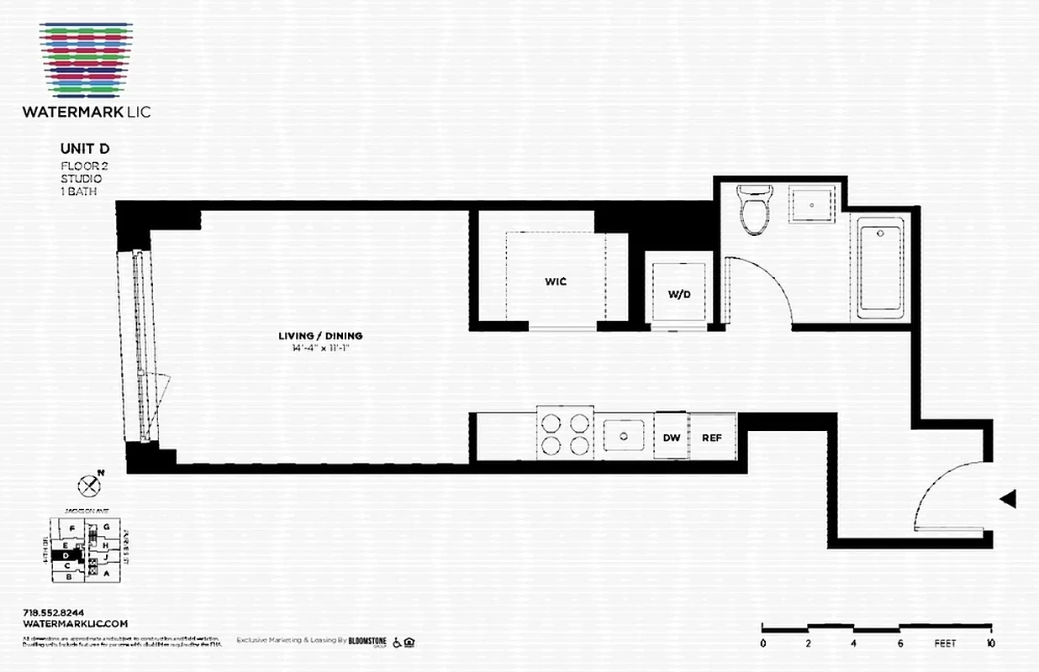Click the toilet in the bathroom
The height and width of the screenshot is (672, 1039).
point(753,207)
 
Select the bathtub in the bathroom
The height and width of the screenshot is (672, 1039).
point(880,268)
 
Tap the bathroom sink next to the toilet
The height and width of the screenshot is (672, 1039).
point(811,202)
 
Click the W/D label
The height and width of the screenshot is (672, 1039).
point(678,294)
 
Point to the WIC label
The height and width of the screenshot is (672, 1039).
point(556,281)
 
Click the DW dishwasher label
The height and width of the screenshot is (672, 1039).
point(671,438)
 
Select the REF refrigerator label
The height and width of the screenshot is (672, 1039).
point(712,438)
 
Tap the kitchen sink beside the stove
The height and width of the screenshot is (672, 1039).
point(624,436)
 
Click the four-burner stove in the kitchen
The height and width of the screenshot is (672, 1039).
point(564,434)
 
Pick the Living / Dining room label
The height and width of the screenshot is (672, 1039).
point(320,336)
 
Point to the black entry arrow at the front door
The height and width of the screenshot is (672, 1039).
point(1008,499)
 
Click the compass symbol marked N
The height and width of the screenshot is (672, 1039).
point(89,485)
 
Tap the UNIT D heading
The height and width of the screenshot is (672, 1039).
point(85,149)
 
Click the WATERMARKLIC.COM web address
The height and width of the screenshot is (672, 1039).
point(75,623)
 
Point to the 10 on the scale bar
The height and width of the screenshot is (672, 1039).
point(991,644)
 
